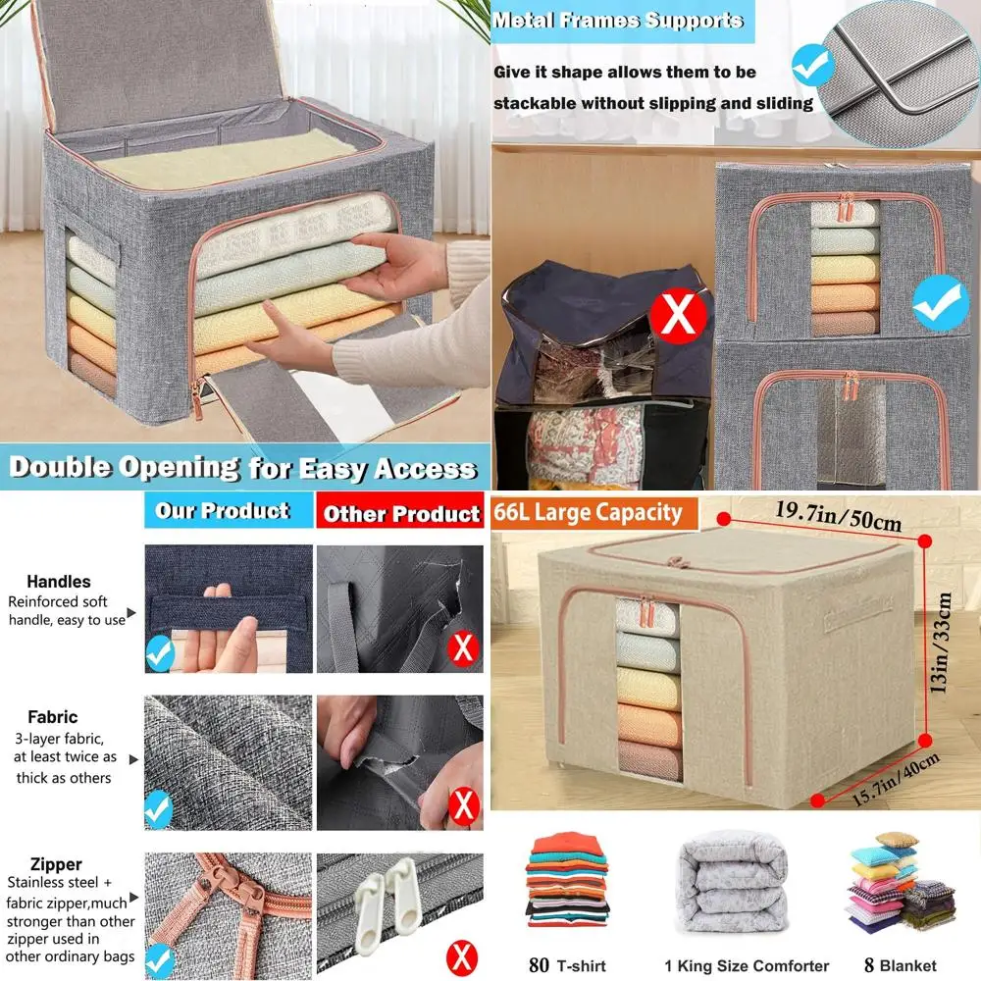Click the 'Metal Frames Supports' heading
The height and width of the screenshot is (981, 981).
point(618,21)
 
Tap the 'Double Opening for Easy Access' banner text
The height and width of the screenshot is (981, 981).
point(242,468)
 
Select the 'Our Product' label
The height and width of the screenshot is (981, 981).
point(223,511)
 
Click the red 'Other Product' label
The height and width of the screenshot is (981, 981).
point(401,514)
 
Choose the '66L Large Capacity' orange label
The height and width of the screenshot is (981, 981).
point(589,512)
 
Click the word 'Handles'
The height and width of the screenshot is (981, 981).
point(59,582)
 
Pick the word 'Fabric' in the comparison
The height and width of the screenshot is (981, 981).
point(53,717)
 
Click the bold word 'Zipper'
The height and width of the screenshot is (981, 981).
point(56,864)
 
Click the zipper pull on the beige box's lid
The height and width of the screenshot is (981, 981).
point(674,562)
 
